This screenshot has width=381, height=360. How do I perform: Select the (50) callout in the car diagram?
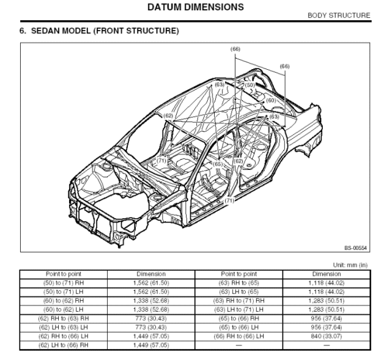pyautogui.click(x=250, y=86)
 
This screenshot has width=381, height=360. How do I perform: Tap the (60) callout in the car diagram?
pyautogui.click(x=271, y=100)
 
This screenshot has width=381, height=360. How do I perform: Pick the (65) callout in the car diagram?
pyautogui.click(x=218, y=164)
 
